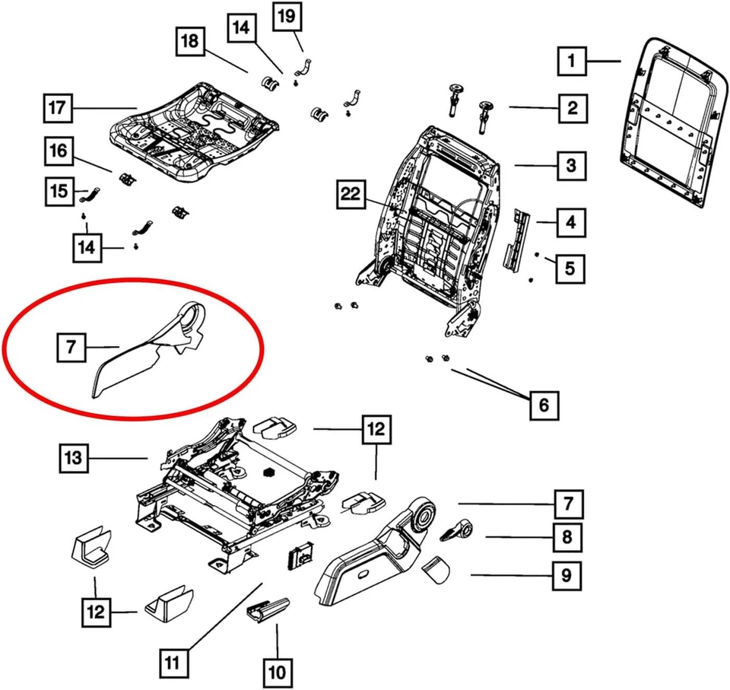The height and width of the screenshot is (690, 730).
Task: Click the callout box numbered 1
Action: click(572, 61)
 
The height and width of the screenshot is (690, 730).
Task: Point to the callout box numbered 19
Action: click(287, 16)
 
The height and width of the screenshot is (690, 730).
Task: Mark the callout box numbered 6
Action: click(543, 405)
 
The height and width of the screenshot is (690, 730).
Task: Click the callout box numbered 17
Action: click(57, 107)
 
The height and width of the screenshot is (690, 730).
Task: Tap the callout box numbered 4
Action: click(570, 224)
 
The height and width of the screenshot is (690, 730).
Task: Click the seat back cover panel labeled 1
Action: click(673, 122)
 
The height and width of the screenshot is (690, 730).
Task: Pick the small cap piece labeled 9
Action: click(436, 568)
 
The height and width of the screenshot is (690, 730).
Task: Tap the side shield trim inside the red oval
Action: click(144, 350)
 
